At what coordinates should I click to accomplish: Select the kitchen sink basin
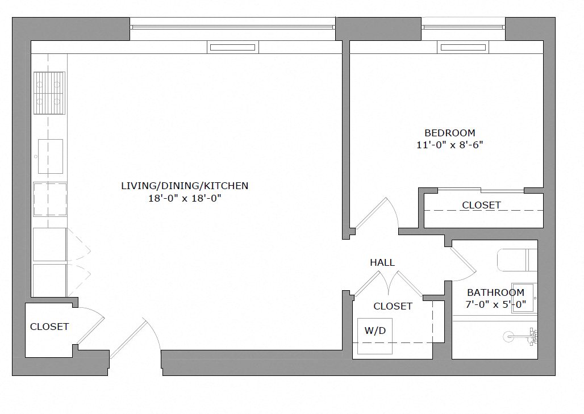tap(50, 156)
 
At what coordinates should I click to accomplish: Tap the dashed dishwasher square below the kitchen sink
tap(50, 199)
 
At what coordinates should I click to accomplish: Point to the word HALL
tap(382, 262)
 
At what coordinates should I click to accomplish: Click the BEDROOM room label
tap(450, 133)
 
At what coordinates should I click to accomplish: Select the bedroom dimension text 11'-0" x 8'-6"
tap(450, 145)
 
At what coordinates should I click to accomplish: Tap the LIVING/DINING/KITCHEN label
tap(185, 186)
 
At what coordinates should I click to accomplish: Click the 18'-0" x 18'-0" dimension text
tap(185, 198)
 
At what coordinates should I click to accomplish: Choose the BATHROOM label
tap(495, 292)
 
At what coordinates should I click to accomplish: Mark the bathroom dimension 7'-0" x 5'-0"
tap(495, 304)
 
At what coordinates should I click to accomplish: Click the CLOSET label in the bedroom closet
tap(481, 205)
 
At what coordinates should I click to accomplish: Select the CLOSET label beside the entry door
tap(49, 327)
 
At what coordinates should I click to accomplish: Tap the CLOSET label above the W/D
tap(393, 306)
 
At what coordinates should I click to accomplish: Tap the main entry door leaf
tap(128, 339)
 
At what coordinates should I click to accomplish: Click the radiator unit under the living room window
tap(232, 48)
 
